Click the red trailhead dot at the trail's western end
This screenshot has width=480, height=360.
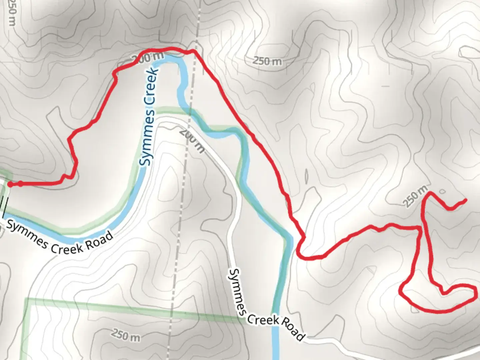[x=10, y=184]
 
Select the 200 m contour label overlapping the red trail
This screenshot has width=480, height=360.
[x=147, y=58]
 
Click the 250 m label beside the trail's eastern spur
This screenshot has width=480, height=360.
[x=415, y=197]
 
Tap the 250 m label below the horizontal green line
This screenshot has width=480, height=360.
[x=126, y=335]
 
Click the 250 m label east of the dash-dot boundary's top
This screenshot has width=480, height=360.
[x=267, y=61]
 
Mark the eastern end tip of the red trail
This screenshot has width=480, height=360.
[x=465, y=200]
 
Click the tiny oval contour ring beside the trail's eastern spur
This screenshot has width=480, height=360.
[x=442, y=192]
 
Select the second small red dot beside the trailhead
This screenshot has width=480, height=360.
[x=21, y=183]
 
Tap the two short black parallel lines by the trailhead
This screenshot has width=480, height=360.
[x=4, y=204]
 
